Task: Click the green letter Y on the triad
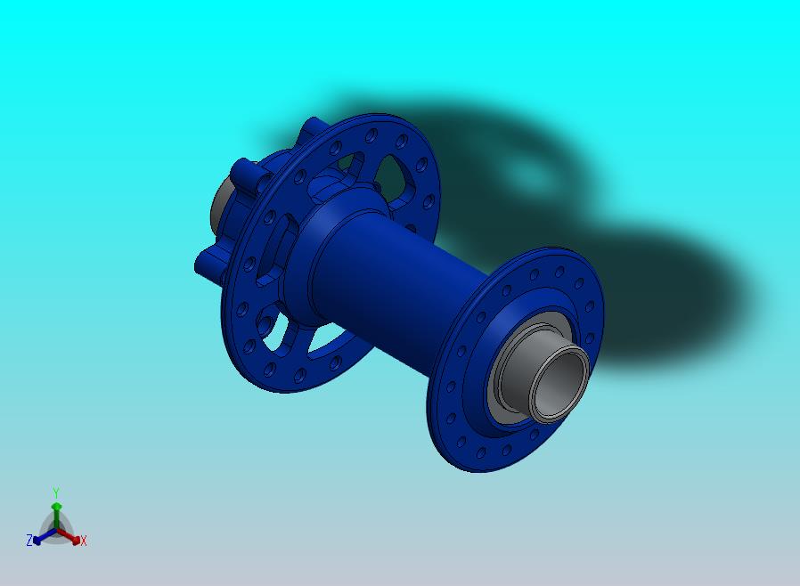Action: coord(55,492)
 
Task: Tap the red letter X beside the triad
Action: coord(84,541)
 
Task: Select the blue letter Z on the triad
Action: coord(29,541)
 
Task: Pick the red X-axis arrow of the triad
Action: coord(70,536)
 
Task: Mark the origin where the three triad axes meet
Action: coord(55,531)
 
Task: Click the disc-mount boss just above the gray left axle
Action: coord(242,171)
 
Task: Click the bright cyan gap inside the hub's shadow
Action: coord(535,174)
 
